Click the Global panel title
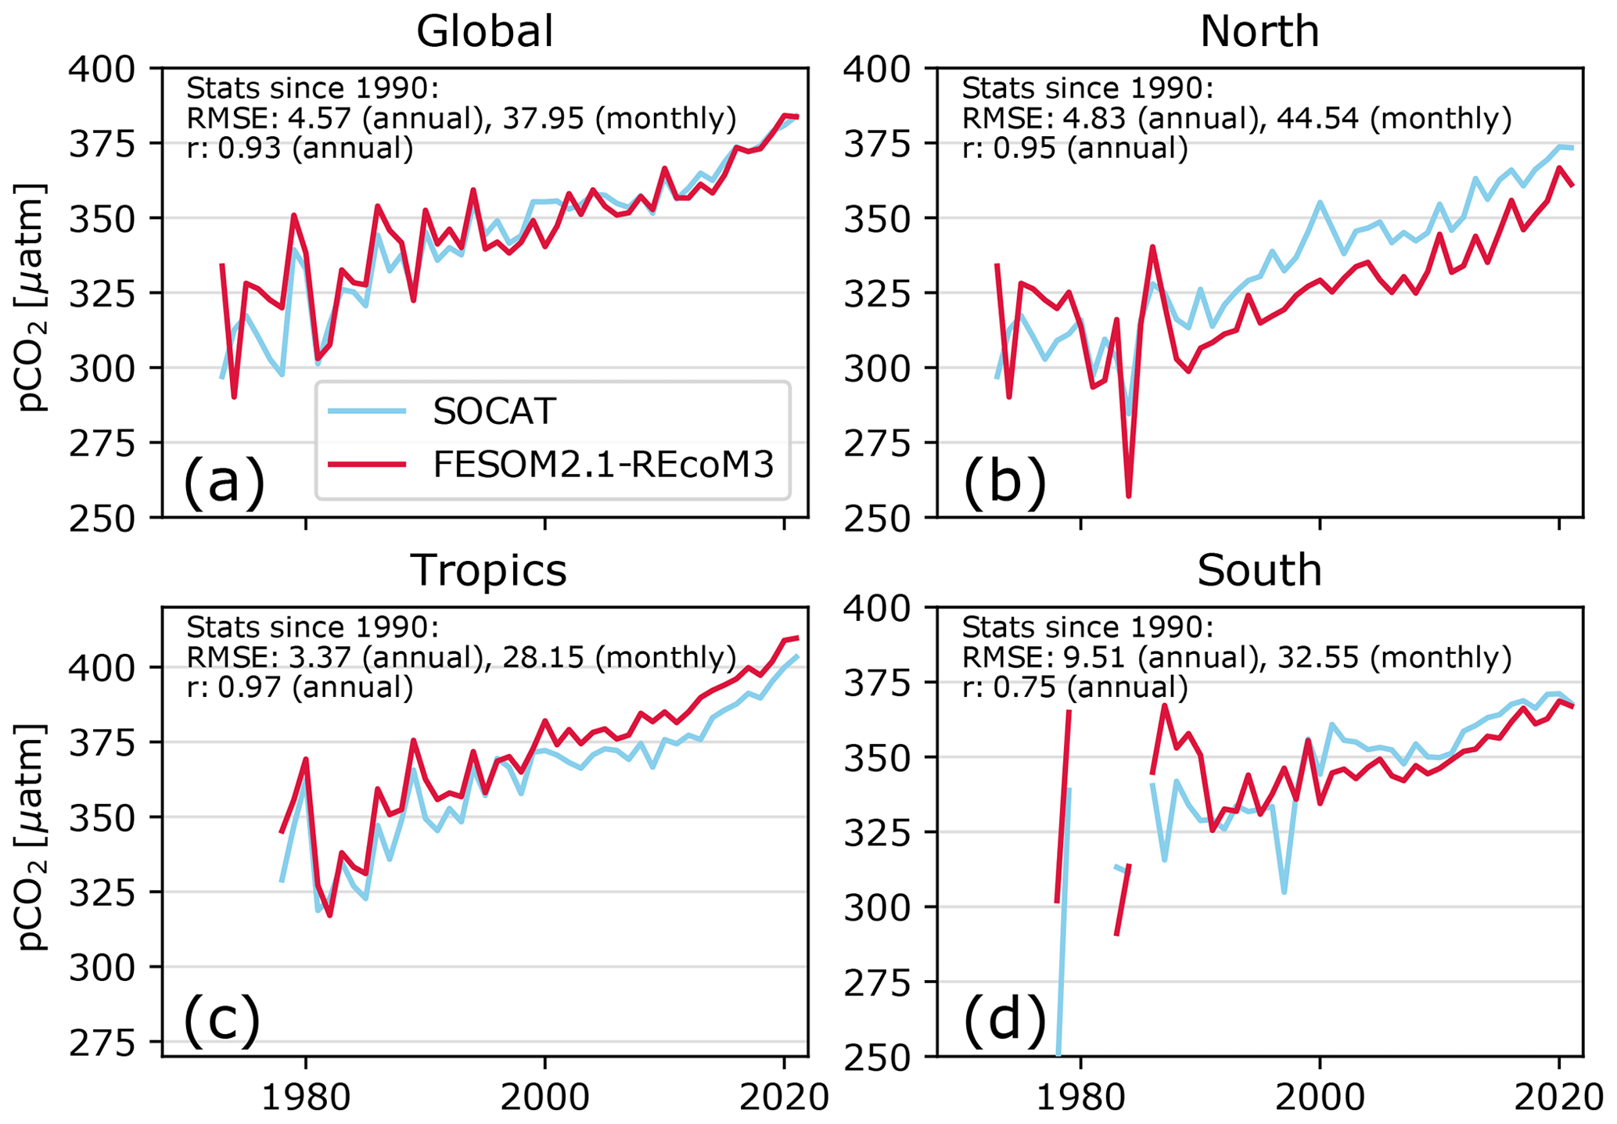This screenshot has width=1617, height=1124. click(x=484, y=32)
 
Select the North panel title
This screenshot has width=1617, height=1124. click(x=1259, y=32)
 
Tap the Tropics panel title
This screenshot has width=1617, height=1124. click(x=488, y=569)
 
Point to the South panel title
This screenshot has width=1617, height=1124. click(x=1259, y=570)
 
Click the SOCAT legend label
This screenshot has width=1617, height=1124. click(x=494, y=411)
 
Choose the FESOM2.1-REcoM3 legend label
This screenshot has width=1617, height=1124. click(x=603, y=465)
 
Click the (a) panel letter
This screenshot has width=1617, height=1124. click(x=224, y=481)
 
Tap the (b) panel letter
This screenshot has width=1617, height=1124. click(x=1004, y=481)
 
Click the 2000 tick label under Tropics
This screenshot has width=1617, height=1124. click(x=544, y=1097)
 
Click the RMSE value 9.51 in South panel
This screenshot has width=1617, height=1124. click(x=1084, y=658)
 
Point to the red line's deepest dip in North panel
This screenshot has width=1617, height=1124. click(x=1129, y=494)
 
